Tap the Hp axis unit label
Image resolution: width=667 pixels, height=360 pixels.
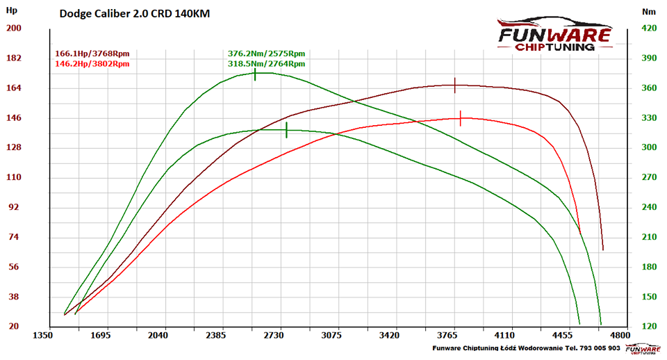coord(13,12)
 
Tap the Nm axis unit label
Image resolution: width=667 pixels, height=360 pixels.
coord(649,12)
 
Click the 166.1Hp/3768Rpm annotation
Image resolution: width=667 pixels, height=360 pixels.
coord(92,54)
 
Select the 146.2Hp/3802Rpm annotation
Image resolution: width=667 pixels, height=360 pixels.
coord(92,64)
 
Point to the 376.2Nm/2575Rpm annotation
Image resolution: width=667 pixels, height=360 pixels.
coord(266,54)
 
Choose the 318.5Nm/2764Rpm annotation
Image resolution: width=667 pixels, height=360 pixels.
coord(266,64)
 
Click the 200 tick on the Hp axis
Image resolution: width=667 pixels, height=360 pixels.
coord(14,28)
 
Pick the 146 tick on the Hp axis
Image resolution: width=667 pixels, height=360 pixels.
coord(14,118)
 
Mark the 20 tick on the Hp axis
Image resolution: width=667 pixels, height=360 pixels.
coord(14,327)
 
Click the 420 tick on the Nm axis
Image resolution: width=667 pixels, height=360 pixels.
coord(649,28)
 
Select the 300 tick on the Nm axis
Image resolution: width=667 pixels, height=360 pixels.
coord(649,148)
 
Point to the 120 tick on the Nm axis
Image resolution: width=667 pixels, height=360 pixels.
coord(649,327)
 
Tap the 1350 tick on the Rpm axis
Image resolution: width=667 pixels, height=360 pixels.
coord(43,336)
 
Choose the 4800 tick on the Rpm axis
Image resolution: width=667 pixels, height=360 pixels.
coord(618,336)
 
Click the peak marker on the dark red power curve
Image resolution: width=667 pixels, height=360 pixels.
coord(455,85)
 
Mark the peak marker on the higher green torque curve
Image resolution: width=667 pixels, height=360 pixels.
coord(255,73)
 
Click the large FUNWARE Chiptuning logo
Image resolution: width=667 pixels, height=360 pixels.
coord(554,35)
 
